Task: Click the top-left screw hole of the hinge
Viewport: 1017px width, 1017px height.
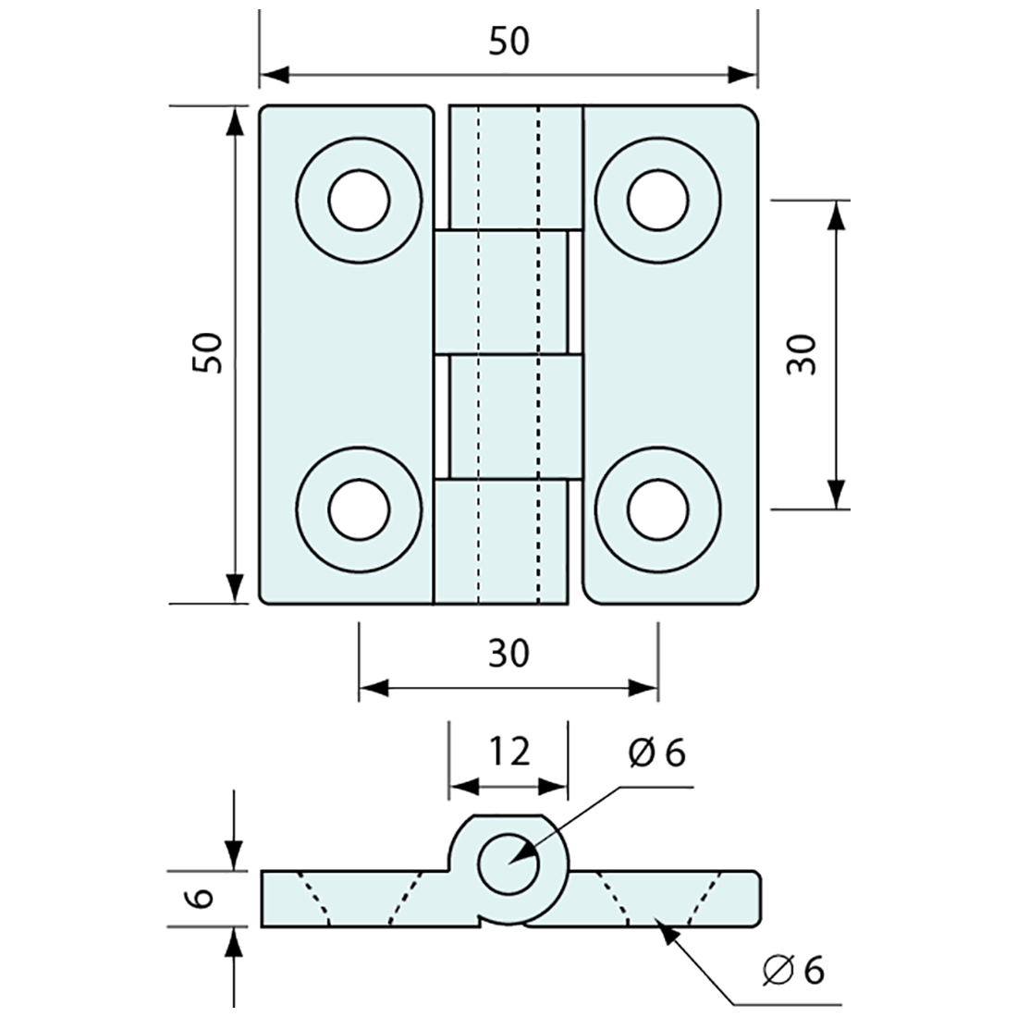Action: [358, 200]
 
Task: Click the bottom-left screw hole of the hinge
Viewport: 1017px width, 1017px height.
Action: [358, 508]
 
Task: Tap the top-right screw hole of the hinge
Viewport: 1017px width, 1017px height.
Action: [657, 200]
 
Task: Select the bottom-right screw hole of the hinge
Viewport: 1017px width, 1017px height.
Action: [657, 508]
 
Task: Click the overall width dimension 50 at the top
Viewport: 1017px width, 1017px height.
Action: [508, 42]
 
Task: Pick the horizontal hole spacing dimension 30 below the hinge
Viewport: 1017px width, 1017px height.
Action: [508, 654]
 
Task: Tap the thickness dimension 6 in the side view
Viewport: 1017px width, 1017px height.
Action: [204, 898]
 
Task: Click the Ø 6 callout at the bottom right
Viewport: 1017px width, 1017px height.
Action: [793, 971]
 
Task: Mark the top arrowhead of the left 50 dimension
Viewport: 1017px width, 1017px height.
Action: [236, 120]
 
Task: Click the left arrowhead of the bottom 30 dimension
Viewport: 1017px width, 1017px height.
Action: [372, 687]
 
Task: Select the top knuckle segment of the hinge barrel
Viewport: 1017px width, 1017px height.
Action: [515, 166]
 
